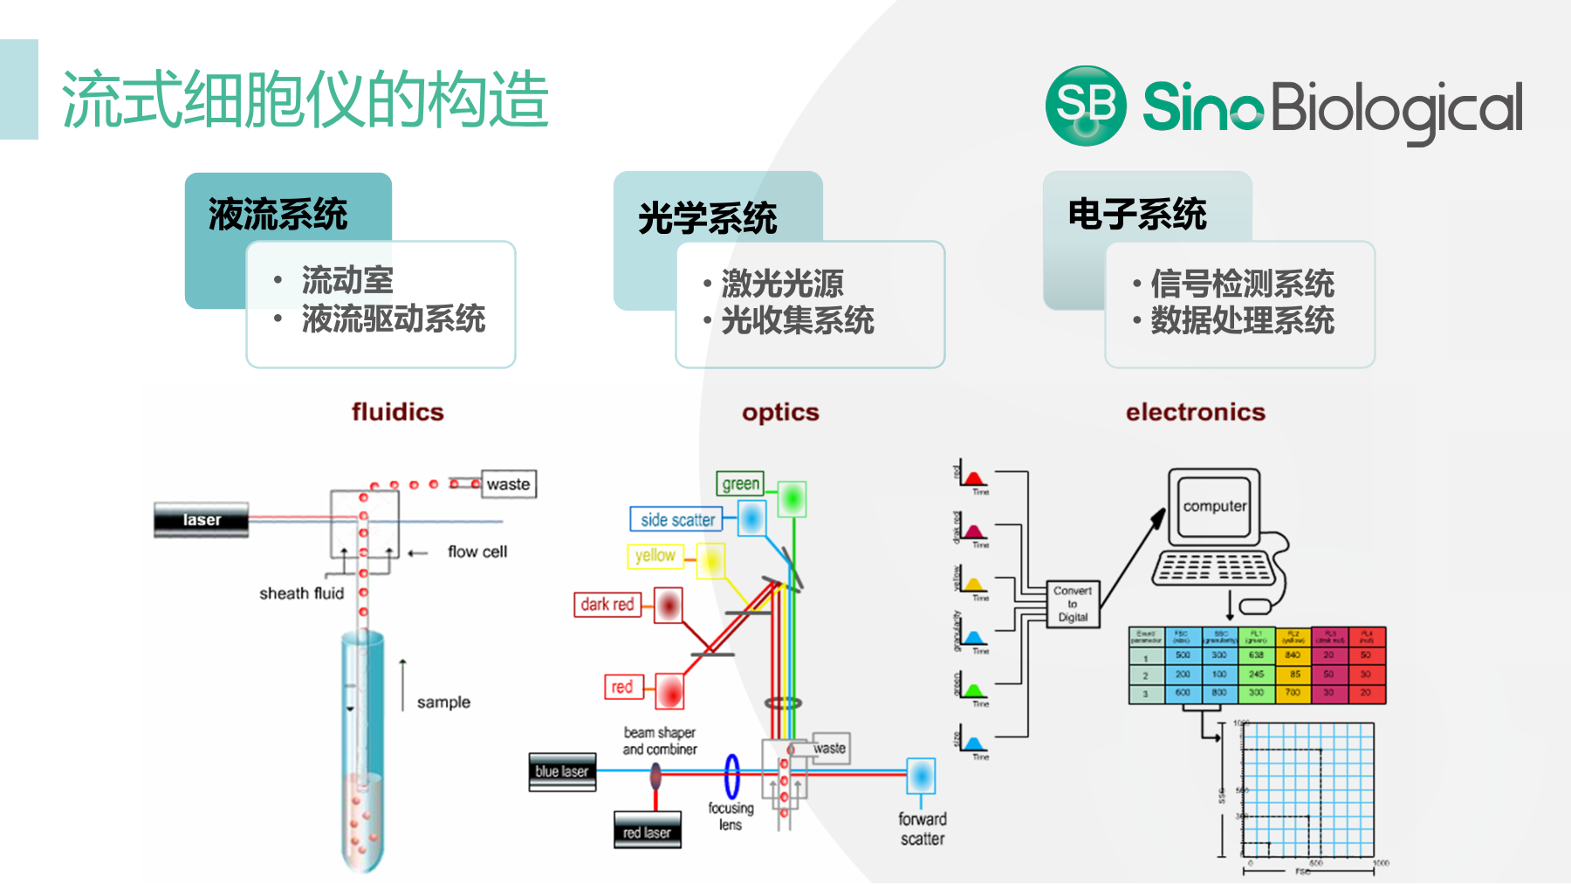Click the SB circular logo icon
click(1085, 106)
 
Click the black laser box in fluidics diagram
click(202, 520)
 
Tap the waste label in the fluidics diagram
click(509, 484)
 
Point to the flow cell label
click(477, 552)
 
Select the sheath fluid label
click(301, 593)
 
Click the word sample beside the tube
click(443, 702)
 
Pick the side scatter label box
click(677, 520)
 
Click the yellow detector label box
click(655, 556)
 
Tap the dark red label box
click(607, 605)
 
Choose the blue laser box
click(562, 772)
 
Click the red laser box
click(647, 833)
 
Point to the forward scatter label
click(923, 829)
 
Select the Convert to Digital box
click(1073, 604)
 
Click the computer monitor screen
click(1214, 506)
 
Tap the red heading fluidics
click(398, 412)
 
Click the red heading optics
click(780, 412)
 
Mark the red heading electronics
click(1195, 412)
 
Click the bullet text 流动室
click(347, 280)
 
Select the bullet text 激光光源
click(782, 284)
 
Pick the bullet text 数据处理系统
click(1242, 320)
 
